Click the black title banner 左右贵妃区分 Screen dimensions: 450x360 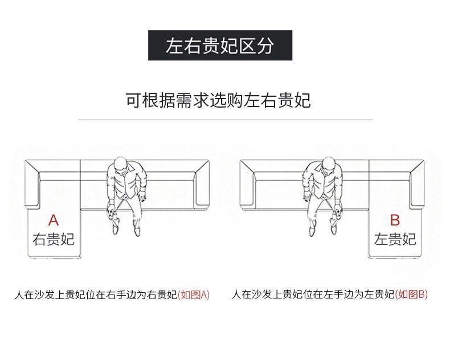[220, 46]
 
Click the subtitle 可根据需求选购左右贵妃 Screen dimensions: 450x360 [218, 100]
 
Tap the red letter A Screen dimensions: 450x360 [54, 220]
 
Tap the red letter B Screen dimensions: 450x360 [395, 220]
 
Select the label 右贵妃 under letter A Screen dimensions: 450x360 [54, 239]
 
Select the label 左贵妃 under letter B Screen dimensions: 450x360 [395, 239]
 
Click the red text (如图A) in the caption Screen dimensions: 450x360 [194, 295]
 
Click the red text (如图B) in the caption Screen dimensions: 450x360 [411, 294]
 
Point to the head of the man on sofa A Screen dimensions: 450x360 [121, 165]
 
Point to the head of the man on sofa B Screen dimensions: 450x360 [328, 165]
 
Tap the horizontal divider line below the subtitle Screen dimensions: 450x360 [224, 120]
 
